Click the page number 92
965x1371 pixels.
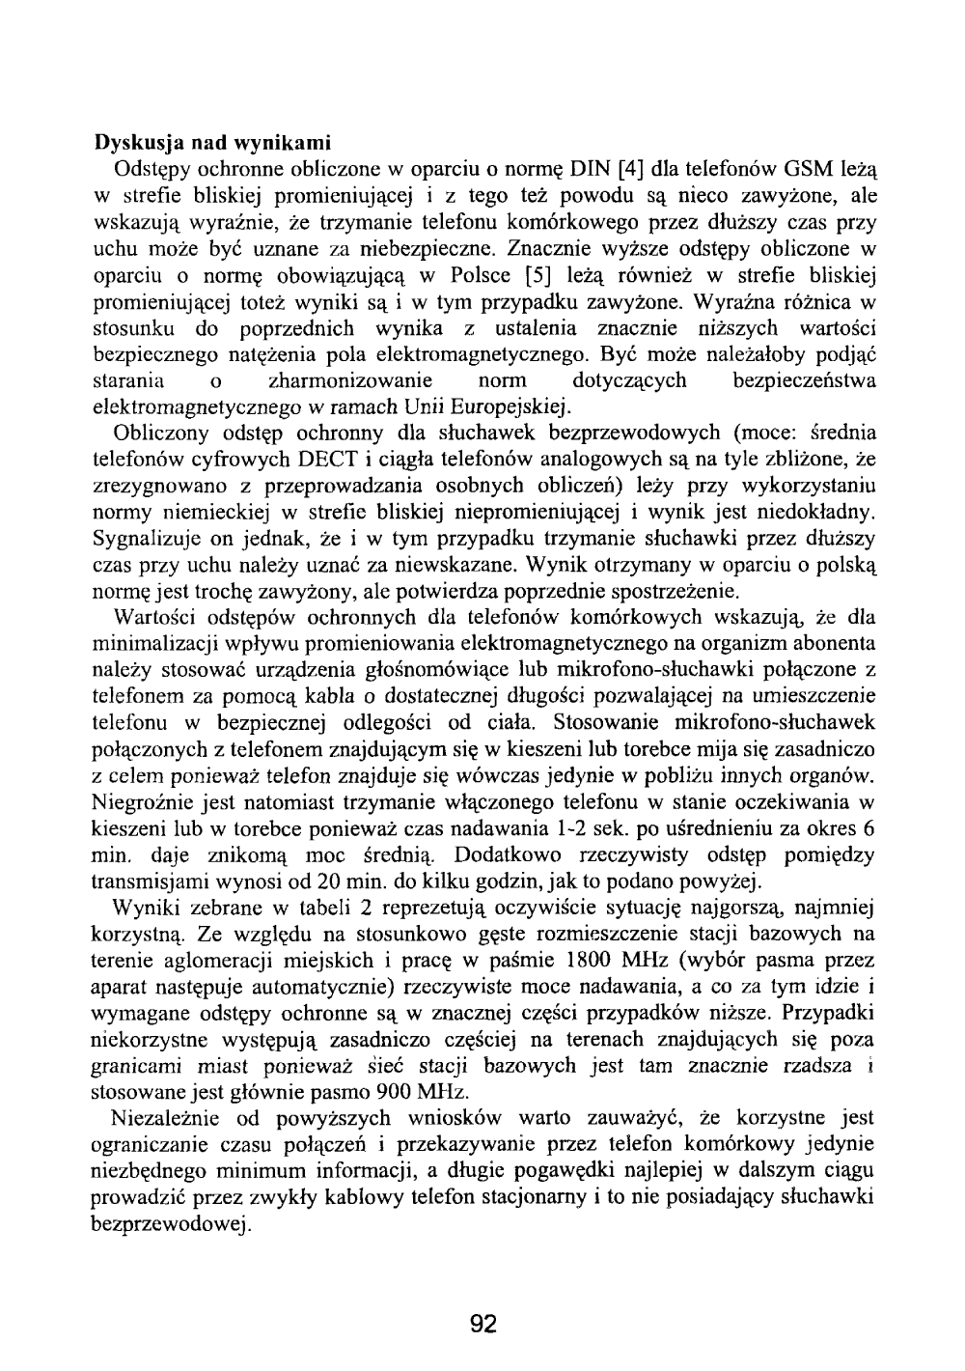pos(482,1323)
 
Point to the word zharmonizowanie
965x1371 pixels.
pos(350,379)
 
